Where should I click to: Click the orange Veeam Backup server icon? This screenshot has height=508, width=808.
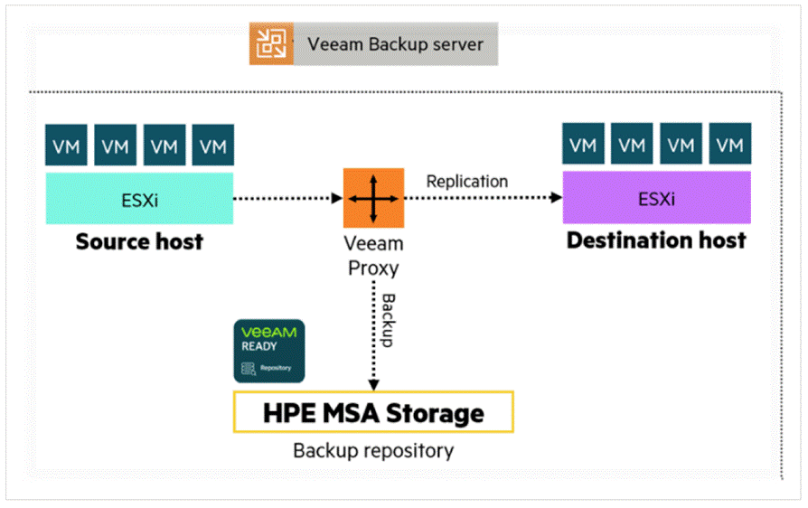[271, 43]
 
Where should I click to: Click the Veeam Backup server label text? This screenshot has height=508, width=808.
[395, 44]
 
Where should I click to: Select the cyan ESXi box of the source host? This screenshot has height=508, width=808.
[139, 198]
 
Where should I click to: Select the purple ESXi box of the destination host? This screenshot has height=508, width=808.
[656, 197]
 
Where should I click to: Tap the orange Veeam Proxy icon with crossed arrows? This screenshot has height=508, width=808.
[373, 198]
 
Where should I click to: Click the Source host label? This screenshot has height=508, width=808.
[139, 241]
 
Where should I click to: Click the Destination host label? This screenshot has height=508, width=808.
[656, 240]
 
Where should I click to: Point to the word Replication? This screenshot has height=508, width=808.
[467, 182]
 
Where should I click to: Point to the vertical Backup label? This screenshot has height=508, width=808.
[388, 320]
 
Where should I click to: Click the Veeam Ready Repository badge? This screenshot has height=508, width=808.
[269, 351]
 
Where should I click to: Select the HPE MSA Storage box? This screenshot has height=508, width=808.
[373, 412]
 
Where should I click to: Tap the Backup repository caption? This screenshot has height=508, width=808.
[373, 451]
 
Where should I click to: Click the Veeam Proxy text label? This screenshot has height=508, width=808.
[373, 256]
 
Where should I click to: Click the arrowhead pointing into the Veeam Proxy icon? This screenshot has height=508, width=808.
[337, 198]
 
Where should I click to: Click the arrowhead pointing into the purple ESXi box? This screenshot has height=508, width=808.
[556, 197]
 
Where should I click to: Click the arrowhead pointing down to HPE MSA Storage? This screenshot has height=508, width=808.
[373, 385]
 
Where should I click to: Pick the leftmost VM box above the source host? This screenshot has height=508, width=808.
[66, 145]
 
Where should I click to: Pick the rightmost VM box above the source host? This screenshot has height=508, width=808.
[212, 145]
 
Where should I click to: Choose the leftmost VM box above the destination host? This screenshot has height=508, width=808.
[583, 144]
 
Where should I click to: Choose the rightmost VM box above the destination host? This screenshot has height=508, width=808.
[729, 144]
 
